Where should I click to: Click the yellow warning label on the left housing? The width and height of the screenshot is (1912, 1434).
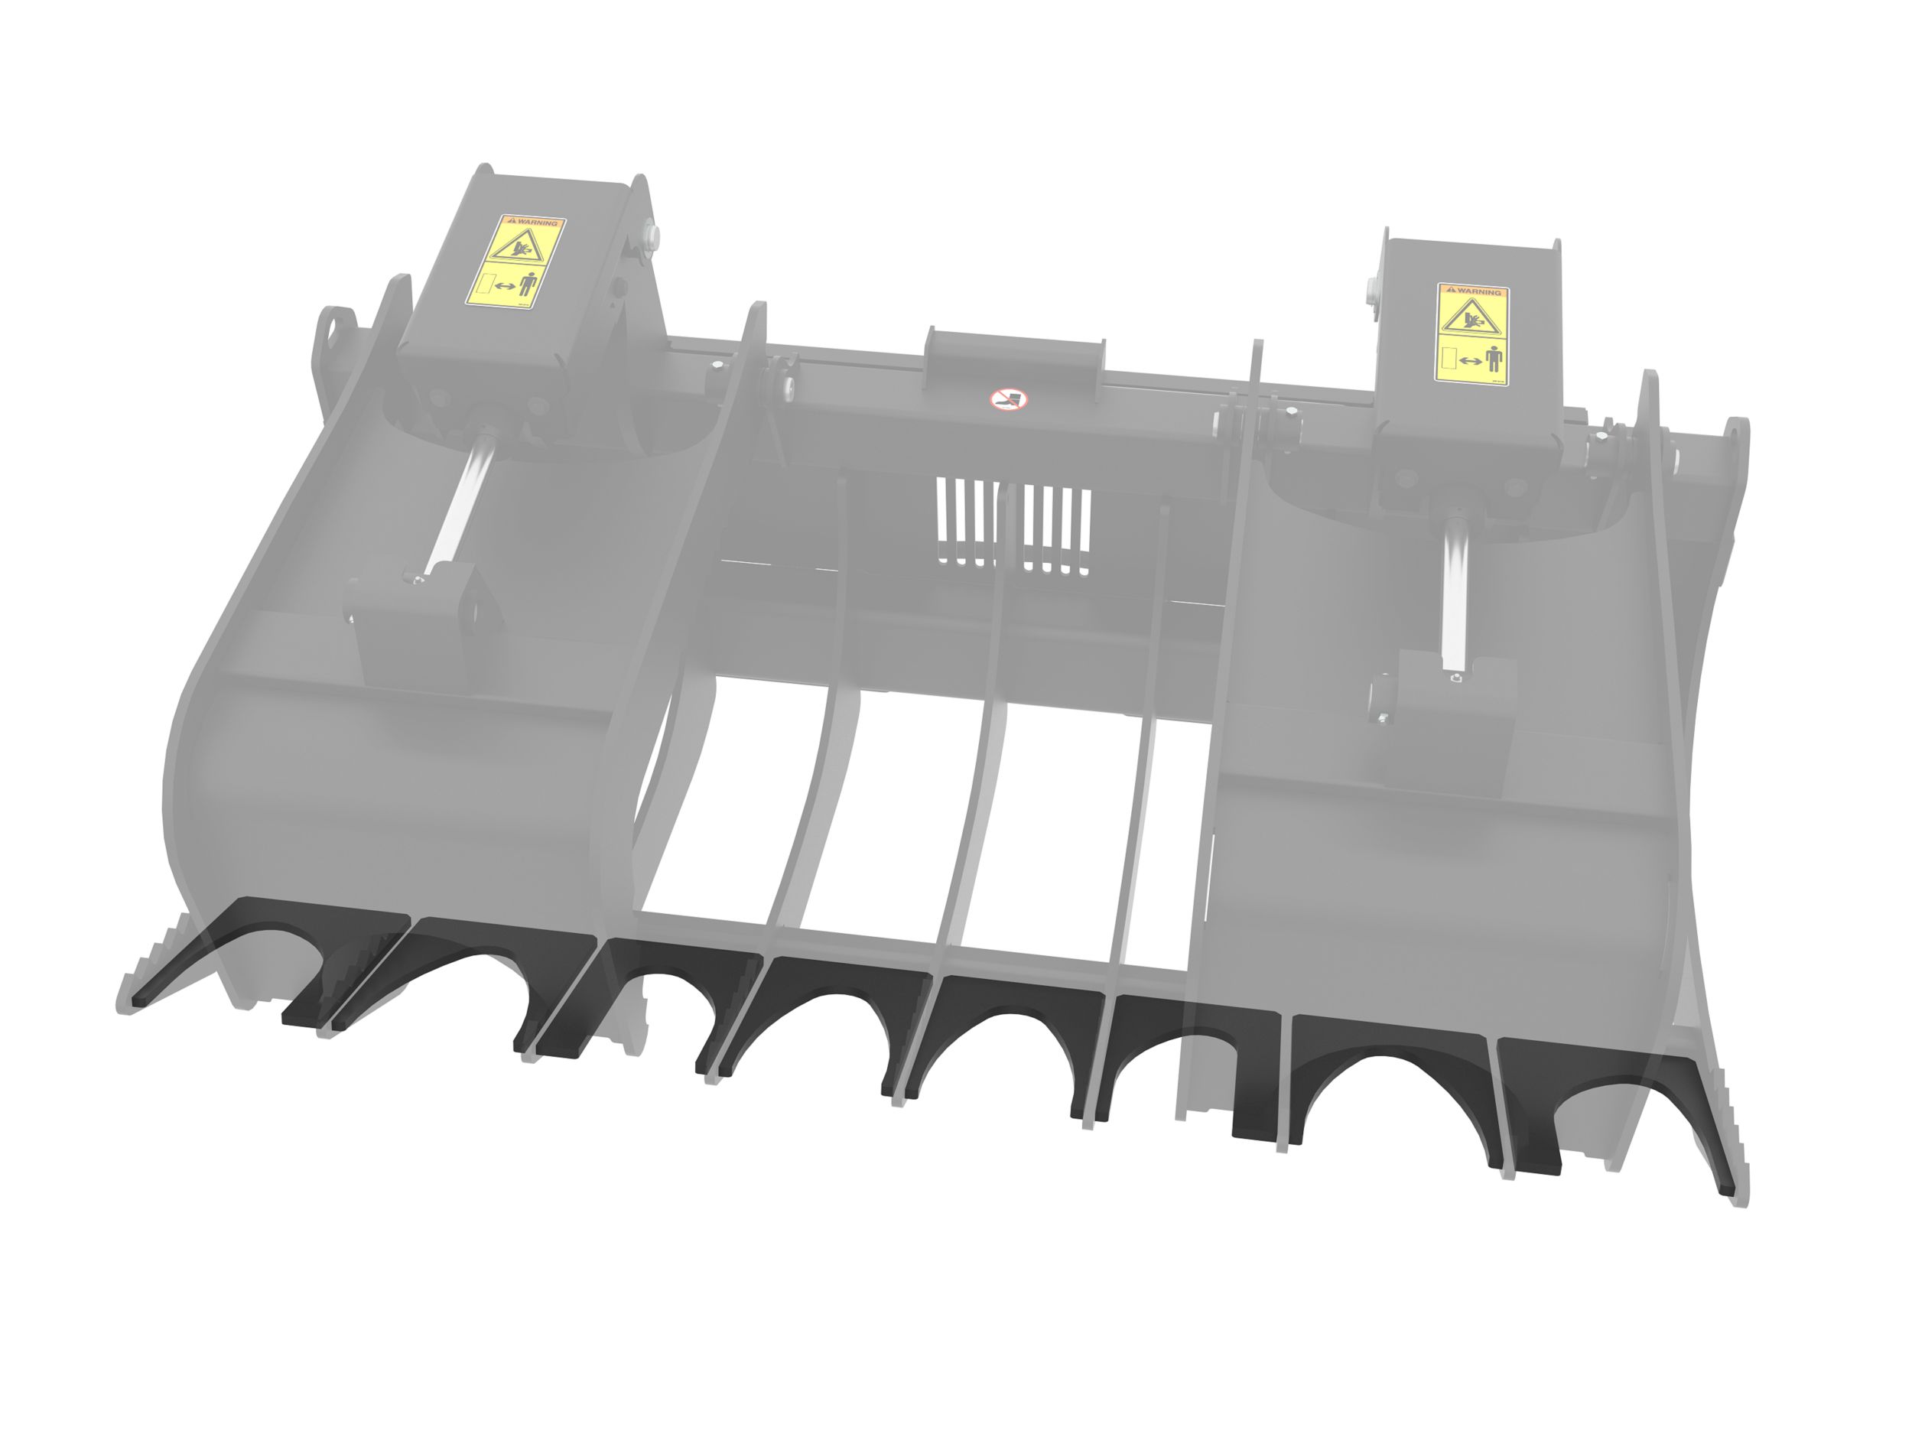(515, 261)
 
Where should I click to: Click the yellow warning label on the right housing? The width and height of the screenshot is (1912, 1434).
(1473, 333)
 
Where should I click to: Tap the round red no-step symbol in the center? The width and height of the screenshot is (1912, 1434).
(1008, 398)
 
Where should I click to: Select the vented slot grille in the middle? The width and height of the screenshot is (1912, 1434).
(1013, 526)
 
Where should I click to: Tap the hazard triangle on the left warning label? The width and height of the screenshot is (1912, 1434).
(516, 245)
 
